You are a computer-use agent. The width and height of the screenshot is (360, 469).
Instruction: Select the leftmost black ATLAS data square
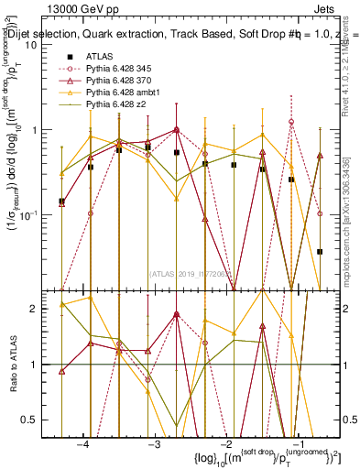[x=61, y=201]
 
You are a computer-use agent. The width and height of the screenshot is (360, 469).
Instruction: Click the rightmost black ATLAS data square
[x=320, y=251]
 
